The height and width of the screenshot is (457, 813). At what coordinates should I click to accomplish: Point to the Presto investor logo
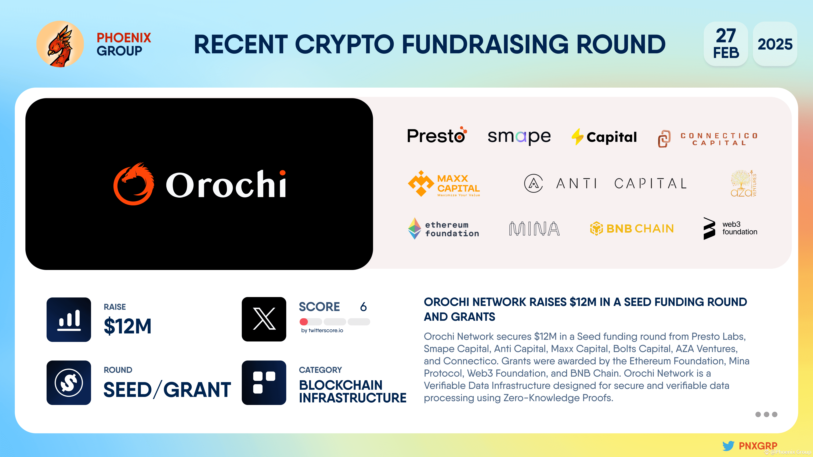pyautogui.click(x=437, y=136)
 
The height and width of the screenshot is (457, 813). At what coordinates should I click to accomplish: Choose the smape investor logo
pyautogui.click(x=519, y=136)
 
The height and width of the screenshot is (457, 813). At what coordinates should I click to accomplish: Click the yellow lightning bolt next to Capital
pyautogui.click(x=577, y=136)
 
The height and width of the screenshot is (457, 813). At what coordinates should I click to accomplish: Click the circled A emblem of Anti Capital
pyautogui.click(x=533, y=183)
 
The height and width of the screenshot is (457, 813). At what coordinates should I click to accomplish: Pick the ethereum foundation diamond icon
pyautogui.click(x=414, y=228)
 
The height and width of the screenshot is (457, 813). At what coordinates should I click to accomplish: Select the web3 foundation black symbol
pyautogui.click(x=709, y=228)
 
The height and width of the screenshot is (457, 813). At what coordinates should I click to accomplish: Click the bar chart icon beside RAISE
pyautogui.click(x=69, y=319)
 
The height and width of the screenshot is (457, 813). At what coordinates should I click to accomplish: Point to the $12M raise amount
pyautogui.click(x=127, y=326)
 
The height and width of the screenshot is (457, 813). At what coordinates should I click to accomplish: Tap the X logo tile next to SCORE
pyautogui.click(x=264, y=319)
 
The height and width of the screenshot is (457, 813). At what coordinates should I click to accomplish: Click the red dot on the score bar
pyautogui.click(x=304, y=322)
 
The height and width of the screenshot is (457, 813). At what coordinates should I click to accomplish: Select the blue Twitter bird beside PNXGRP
pyautogui.click(x=728, y=446)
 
